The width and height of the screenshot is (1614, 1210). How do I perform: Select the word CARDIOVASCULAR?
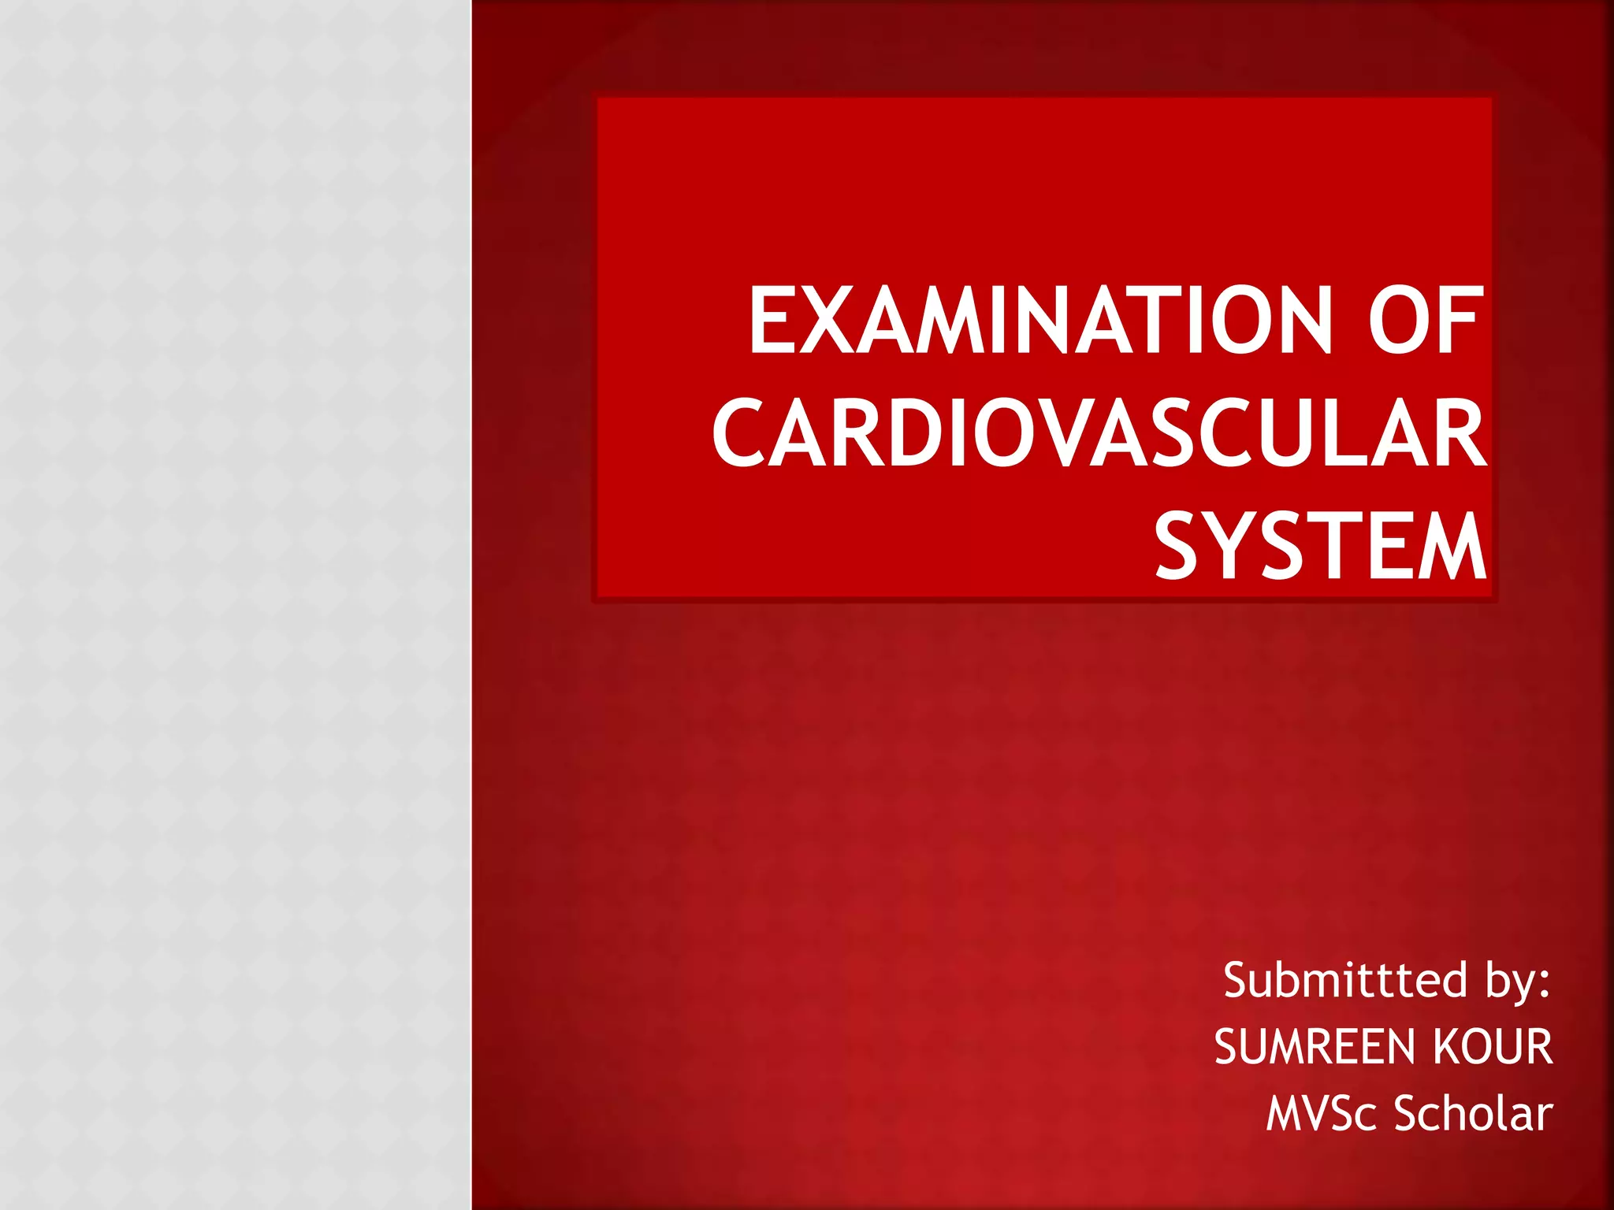1099,433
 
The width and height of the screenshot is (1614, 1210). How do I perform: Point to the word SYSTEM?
1320,546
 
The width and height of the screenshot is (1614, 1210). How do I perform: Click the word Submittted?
1344,981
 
